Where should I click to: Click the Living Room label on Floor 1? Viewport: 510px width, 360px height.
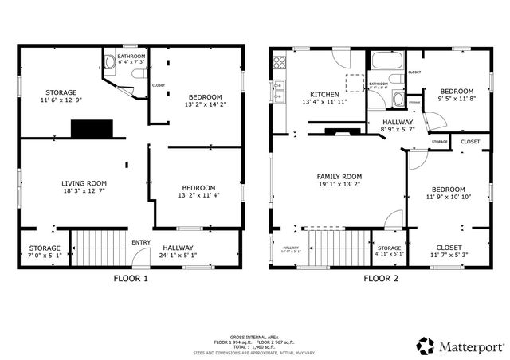84,182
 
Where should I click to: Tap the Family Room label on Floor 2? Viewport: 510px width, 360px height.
339,176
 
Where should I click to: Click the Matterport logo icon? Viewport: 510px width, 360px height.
426,346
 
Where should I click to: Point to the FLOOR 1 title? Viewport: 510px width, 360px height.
131,279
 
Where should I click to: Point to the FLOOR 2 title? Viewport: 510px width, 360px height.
382,279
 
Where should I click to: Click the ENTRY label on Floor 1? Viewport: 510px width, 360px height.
141,243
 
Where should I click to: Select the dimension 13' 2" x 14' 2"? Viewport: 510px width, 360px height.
194,104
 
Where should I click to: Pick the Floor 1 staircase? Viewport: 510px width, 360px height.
99,248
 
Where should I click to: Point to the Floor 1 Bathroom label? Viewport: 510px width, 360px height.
131,57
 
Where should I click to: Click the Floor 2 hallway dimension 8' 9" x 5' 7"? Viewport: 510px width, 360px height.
396,128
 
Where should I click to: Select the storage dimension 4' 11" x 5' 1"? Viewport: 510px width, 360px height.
389,255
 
